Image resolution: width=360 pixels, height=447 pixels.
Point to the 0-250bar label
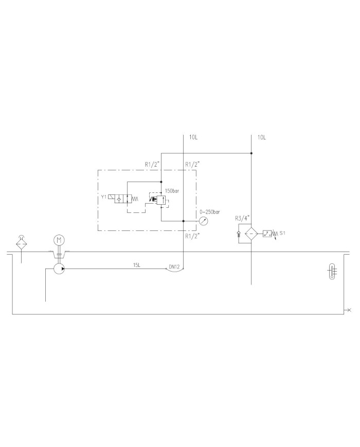(210, 211)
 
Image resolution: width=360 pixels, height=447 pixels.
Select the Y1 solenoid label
(103, 196)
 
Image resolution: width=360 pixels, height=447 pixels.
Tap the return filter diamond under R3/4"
(251, 234)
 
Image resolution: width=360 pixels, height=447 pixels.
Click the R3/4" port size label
(242, 218)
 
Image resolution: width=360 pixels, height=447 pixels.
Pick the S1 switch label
(282, 233)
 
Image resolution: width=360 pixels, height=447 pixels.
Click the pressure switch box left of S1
(266, 234)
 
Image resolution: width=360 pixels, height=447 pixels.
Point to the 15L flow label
(137, 265)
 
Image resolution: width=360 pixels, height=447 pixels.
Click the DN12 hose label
(174, 267)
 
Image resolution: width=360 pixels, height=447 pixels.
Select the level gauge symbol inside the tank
(332, 271)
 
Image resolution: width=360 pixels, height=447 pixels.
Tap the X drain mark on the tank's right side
(349, 310)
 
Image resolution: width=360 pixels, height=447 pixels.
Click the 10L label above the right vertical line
(261, 137)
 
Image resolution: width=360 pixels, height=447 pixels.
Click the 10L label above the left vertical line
(193, 137)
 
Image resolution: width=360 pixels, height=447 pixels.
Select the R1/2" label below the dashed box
(192, 236)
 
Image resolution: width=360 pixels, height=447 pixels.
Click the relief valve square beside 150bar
(161, 199)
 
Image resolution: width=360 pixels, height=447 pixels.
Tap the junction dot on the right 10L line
(251, 153)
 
